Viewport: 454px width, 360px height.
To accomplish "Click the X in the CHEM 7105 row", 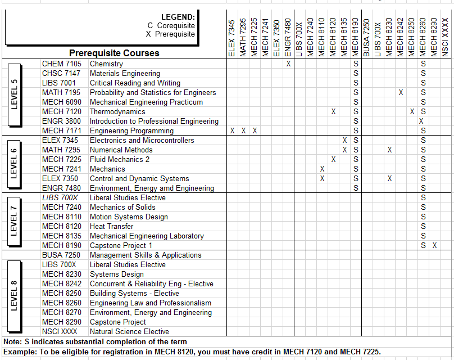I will pos(288,64).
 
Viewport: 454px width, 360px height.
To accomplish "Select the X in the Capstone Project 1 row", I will pos(434,245).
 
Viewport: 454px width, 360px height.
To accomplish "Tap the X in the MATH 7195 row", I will pos(401,92).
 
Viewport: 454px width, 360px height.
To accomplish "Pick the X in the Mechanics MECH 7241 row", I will pos(322,169).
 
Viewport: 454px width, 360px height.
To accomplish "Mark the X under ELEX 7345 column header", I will pos(232,130).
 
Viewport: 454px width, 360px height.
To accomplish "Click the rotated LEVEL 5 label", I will pos(15,93).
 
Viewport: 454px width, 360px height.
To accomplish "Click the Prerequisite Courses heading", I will pos(114,53).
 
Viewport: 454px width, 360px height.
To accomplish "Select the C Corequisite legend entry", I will pos(171,25).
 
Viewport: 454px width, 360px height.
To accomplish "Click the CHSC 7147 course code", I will pos(61,73).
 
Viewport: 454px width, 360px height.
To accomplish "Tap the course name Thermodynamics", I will pos(117,111).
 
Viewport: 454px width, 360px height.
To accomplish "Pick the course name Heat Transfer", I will pos(112,226).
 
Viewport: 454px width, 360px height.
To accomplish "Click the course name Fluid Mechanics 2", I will pos(120,159).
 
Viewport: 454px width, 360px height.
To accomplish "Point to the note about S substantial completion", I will pos(95,341).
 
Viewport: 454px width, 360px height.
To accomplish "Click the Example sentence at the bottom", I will pos(192,352).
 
